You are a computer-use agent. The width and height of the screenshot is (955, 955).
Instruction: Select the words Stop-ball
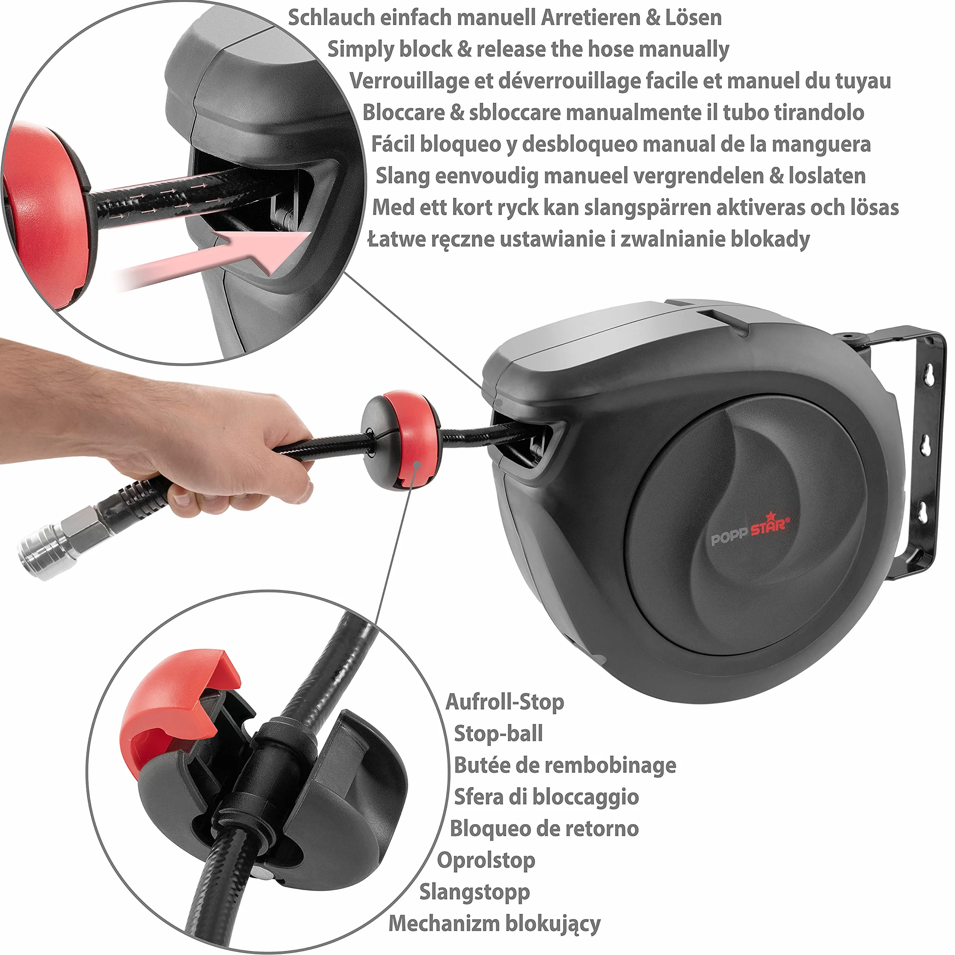pos(498,734)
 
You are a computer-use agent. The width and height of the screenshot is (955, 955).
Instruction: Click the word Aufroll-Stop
pos(505,702)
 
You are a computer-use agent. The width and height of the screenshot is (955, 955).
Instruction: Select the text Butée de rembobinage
pos(565,765)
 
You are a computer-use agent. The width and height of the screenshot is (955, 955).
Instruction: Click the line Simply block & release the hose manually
pos(528,49)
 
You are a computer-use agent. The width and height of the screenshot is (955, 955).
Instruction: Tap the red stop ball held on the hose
pos(400,439)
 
